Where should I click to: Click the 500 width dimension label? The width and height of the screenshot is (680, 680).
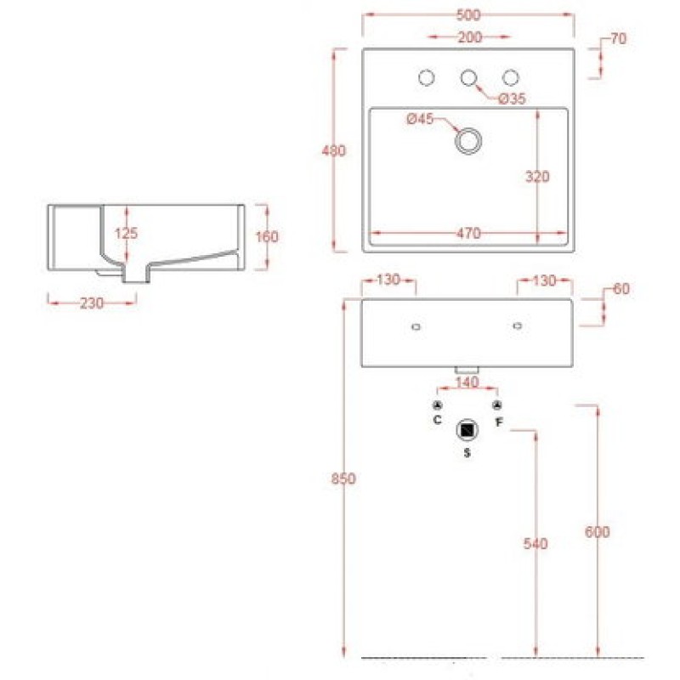468,15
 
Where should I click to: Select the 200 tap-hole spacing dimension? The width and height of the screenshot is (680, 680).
470,37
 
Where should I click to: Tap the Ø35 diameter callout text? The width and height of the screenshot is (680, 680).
513,99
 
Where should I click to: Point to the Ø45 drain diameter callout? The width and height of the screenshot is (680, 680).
420,118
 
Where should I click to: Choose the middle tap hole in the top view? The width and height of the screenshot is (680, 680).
468,77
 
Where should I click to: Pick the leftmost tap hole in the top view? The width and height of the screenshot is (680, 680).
427,77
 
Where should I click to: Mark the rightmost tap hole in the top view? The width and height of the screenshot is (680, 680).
511,77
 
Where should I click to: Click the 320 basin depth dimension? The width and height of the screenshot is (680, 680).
537,177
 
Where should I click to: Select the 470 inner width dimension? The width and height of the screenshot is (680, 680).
469,233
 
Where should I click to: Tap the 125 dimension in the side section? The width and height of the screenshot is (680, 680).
126,233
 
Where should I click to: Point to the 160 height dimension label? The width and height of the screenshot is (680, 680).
267,237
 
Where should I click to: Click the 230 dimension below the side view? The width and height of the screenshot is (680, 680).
92,303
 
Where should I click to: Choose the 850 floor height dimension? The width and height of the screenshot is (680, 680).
343,479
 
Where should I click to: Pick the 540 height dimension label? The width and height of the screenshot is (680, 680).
535,543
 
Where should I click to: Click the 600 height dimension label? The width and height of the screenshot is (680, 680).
598,532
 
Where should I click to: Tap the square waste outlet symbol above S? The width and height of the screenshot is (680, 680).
467,430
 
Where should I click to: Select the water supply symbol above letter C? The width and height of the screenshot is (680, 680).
437,406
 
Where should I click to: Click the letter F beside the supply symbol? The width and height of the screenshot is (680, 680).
499,422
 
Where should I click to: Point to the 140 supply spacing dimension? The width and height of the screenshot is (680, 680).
467,382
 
